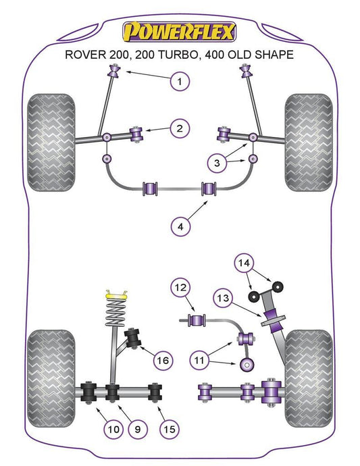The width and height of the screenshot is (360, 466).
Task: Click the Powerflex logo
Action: (179, 32)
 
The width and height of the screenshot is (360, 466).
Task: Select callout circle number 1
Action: (180, 81)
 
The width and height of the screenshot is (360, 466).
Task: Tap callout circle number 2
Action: (180, 128)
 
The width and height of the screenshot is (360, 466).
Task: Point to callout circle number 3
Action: (217, 163)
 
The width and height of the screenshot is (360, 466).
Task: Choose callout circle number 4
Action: (180, 227)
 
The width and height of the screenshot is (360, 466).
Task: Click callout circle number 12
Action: (180, 288)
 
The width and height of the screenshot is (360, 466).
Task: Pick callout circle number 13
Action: (223, 297)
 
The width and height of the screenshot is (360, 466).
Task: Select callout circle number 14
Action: (244, 263)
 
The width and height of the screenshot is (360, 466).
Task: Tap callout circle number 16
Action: (163, 361)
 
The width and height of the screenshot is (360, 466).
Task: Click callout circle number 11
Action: (199, 360)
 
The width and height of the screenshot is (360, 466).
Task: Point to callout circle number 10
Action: (113, 429)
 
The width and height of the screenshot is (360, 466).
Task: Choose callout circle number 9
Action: (137, 429)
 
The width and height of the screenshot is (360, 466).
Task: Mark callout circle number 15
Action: (170, 429)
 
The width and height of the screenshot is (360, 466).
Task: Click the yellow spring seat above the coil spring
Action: (117, 295)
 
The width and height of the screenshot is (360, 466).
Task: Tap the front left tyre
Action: (51, 143)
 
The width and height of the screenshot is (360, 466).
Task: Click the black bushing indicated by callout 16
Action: (132, 338)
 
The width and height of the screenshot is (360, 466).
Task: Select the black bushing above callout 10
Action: (89, 392)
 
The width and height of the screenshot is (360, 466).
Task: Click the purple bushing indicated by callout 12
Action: (197, 320)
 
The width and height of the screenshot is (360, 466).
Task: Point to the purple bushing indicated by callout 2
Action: (136, 134)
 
